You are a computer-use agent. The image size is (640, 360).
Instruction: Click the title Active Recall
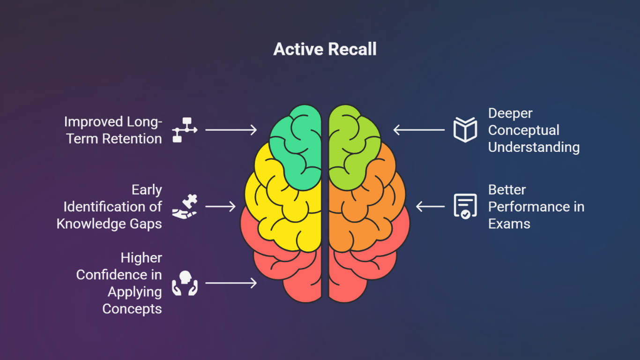[x=325, y=49]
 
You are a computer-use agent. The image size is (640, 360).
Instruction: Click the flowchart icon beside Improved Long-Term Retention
[x=185, y=129]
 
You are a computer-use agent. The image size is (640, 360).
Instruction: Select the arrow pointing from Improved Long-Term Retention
[x=231, y=130]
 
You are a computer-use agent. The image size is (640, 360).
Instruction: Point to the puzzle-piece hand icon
[x=185, y=206]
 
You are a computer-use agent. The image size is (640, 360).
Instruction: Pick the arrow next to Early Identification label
[x=220, y=206]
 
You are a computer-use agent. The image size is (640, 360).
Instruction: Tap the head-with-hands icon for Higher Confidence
[x=185, y=283]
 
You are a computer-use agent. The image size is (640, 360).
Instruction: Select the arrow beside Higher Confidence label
[x=231, y=283]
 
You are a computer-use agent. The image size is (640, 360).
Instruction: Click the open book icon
[x=465, y=129]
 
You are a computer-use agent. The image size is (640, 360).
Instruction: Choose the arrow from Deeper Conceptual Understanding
[x=419, y=130]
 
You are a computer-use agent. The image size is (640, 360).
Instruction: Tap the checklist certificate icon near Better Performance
[x=465, y=206]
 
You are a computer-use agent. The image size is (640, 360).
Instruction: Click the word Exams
[x=509, y=224]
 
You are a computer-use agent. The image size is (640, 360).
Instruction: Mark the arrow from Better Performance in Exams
[x=431, y=206]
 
